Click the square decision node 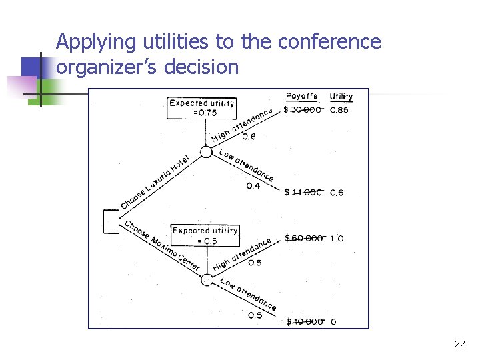[x=111, y=221]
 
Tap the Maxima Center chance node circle [x=207, y=278]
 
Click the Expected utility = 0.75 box [x=201, y=108]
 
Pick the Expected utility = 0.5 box [x=205, y=235]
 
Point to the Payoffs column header [x=302, y=96]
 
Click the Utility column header [x=341, y=97]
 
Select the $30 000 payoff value [x=303, y=110]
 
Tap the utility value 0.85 [x=339, y=110]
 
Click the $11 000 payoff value [x=303, y=193]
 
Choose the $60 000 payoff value [x=304, y=238]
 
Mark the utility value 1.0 [x=337, y=239]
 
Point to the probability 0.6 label [x=249, y=137]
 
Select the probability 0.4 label [x=253, y=186]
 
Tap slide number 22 [x=459, y=344]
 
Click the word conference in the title [x=329, y=42]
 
